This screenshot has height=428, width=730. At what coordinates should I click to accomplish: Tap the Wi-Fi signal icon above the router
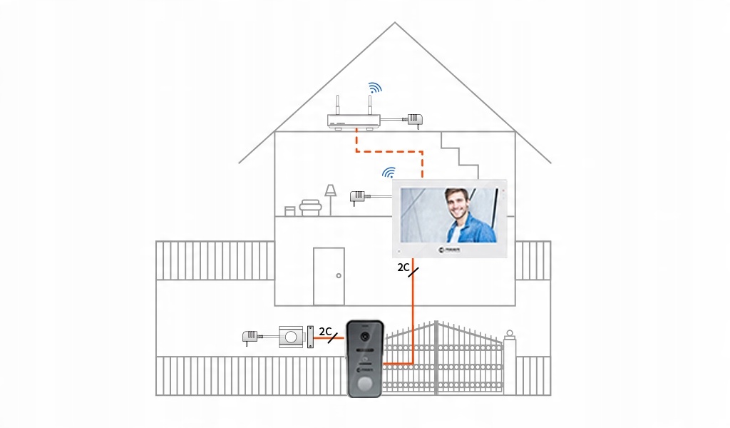(374, 88)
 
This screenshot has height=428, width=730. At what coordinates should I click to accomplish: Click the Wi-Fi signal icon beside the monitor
(389, 173)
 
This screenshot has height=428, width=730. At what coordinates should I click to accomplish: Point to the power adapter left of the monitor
(357, 195)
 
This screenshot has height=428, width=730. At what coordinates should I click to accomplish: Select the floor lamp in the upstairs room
(330, 198)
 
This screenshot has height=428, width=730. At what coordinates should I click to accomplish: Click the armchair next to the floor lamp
(309, 207)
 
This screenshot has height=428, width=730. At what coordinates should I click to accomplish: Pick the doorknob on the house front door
(338, 276)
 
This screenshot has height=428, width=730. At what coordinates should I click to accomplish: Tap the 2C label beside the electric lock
(326, 332)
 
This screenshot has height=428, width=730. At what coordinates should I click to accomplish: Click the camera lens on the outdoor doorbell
(365, 336)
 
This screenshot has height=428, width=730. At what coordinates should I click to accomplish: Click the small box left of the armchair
(289, 210)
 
